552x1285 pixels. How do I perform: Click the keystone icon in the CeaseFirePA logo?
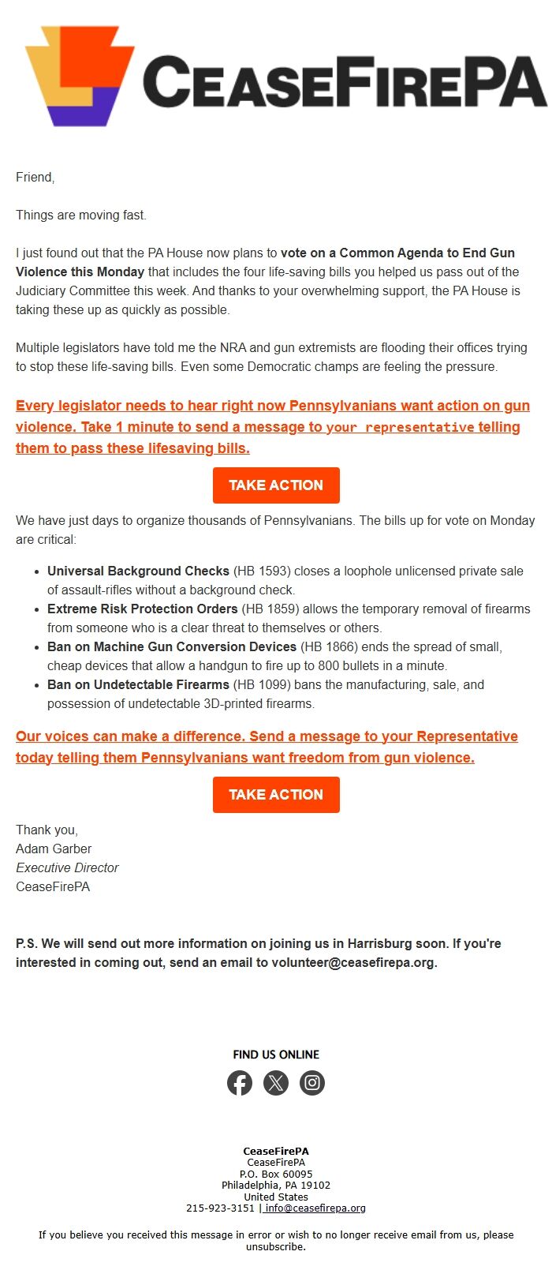79,75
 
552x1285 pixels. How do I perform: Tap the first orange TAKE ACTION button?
276,485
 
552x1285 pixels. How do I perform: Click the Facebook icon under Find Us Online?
240,1083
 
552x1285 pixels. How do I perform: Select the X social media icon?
276,1083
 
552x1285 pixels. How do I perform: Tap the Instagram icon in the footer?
312,1083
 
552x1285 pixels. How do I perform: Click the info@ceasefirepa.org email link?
315,1208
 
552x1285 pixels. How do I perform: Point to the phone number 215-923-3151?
220,1208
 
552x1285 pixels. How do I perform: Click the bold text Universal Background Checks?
138,571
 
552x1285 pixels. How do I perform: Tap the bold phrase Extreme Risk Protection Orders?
142,609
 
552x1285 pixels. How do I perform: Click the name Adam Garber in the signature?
54,849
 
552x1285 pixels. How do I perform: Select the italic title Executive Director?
67,867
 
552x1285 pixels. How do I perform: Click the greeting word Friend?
35,177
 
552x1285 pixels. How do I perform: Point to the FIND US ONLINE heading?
276,1055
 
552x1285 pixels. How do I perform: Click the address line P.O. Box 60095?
276,1174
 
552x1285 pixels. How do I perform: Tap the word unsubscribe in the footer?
275,1247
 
